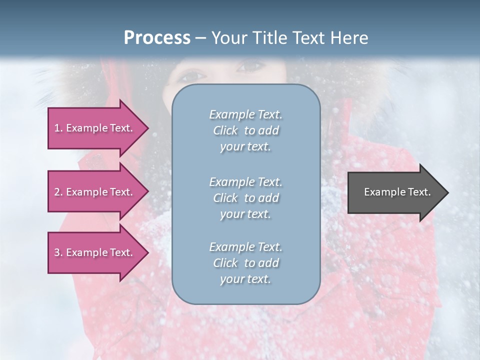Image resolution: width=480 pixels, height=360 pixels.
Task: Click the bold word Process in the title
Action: pyautogui.click(x=157, y=38)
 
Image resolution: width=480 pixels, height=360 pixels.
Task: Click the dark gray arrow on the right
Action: pyautogui.click(x=395, y=192)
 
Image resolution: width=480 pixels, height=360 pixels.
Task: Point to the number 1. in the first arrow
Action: pyautogui.click(x=58, y=128)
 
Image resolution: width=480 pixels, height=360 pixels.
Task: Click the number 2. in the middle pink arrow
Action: pyautogui.click(x=58, y=192)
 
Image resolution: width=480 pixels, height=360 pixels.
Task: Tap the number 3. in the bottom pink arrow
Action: pyautogui.click(x=58, y=252)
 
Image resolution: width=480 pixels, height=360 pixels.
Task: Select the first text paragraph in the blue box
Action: pyautogui.click(x=245, y=130)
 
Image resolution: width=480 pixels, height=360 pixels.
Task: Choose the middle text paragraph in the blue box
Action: pyautogui.click(x=245, y=197)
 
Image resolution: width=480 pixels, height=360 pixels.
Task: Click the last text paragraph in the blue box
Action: pyautogui.click(x=245, y=263)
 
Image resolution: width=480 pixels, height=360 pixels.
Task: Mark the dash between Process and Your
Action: pyautogui.click(x=200, y=38)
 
